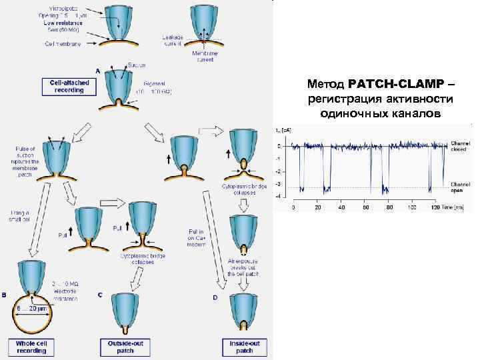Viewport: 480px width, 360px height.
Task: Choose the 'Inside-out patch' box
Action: [x=245, y=347]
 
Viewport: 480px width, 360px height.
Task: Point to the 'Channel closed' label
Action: [x=461, y=147]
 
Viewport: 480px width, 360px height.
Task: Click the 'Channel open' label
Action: [x=461, y=187]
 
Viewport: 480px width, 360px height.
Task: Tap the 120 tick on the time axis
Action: [x=435, y=208]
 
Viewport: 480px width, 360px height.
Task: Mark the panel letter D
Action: [x=215, y=297]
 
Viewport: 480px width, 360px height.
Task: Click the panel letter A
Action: [x=98, y=71]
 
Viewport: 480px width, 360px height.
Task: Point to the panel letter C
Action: [x=99, y=295]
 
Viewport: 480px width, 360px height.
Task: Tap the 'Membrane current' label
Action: [x=203, y=57]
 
